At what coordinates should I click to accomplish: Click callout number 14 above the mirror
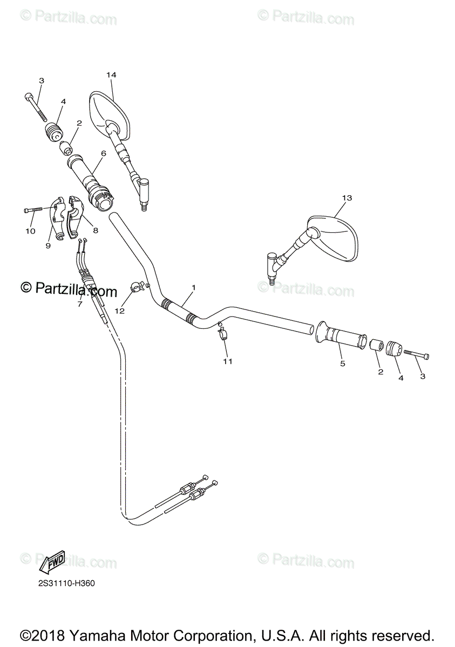[x=111, y=74]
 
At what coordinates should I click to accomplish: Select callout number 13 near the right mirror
[x=347, y=198]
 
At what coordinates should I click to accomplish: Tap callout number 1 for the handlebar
[x=193, y=287]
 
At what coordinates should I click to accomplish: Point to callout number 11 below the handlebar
[x=228, y=361]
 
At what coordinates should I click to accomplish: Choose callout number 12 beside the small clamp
[x=119, y=311]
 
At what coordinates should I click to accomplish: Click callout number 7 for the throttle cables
[x=79, y=304]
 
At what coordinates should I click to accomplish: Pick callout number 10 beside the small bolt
[x=30, y=231]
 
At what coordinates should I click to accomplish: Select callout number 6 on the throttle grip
[x=104, y=153]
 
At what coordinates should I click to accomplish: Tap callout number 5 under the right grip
[x=342, y=363]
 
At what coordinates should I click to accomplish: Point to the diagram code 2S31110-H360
[x=64, y=583]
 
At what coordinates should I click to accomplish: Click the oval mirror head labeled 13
[x=335, y=237]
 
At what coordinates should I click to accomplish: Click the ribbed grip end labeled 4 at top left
[x=53, y=132]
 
